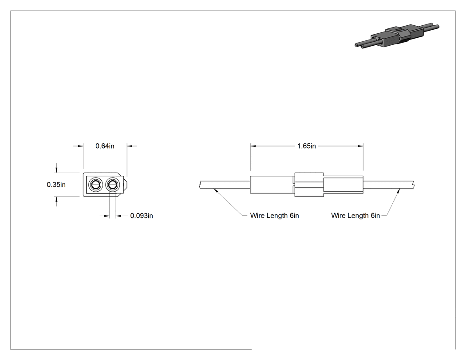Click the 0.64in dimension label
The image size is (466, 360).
point(105,146)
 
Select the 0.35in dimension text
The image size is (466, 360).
point(56,185)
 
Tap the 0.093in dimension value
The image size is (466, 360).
point(142,216)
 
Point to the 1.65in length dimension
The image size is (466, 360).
point(306,146)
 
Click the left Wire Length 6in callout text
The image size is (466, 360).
point(274,216)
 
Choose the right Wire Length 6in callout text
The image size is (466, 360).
point(355,216)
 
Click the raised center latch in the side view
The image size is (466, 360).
point(309,185)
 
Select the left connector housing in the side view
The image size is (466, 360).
point(272,185)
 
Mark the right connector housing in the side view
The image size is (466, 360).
point(343,185)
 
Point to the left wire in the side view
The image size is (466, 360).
point(225,185)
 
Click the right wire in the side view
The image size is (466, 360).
point(389,185)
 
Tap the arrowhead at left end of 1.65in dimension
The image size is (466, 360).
point(253,146)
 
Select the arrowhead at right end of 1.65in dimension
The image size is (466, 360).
point(360,146)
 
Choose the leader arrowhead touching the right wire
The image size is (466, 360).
point(398,191)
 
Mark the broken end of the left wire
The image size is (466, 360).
point(199,185)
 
